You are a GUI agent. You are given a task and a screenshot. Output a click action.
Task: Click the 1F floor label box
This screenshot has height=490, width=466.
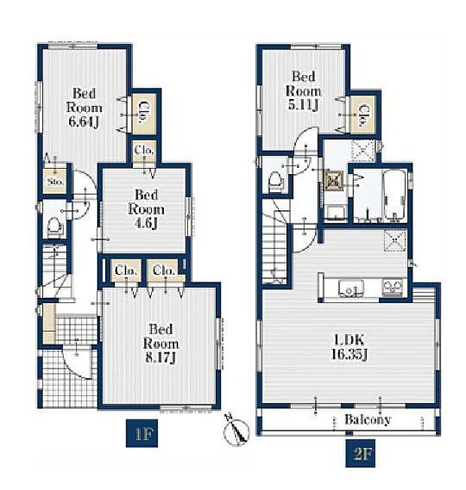pyautogui.click(x=142, y=433)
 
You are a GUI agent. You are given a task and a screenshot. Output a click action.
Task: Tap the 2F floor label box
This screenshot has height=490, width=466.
pyautogui.click(x=360, y=453)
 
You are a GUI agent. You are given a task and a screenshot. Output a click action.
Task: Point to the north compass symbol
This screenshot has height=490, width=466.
pyautogui.click(x=236, y=428)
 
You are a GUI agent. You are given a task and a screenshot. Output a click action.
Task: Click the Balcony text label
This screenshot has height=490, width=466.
pyautogui.click(x=368, y=419)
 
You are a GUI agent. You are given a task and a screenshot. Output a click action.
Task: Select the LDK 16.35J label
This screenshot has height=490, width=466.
pyautogui.click(x=349, y=347)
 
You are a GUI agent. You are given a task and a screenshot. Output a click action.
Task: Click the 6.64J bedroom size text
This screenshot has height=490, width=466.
pyautogui.click(x=83, y=122)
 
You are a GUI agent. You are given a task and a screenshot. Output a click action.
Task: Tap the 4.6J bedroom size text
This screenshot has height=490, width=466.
pyautogui.click(x=147, y=224)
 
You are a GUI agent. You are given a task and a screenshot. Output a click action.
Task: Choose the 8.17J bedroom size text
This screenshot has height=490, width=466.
pyautogui.click(x=161, y=358)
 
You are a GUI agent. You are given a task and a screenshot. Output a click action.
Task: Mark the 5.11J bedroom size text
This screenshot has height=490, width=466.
pyautogui.click(x=303, y=105)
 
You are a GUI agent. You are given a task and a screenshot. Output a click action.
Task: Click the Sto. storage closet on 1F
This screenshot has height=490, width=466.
pyautogui.click(x=55, y=182)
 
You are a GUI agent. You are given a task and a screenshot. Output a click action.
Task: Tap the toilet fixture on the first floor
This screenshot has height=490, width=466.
pyautogui.click(x=55, y=227)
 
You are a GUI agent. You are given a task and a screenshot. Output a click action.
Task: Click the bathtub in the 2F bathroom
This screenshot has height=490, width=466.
pyautogui.click(x=395, y=196)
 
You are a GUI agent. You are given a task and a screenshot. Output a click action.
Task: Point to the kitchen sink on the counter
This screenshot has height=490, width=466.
pyautogui.click(x=350, y=287)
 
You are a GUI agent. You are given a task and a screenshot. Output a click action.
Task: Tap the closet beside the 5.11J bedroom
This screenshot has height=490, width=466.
pyautogui.click(x=363, y=115)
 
